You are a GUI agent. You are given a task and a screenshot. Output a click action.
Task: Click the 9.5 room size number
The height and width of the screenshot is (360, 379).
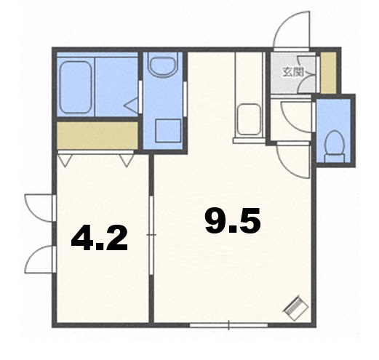(233, 221)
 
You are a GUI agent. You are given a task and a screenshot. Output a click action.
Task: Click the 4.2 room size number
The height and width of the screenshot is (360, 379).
(99, 238)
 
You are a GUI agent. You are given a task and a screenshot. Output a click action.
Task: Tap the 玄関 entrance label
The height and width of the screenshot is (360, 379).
(292, 72)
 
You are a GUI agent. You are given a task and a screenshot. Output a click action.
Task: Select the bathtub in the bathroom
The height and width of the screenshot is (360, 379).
(76, 87)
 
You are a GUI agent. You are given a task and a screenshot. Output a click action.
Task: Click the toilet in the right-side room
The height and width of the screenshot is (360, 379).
(335, 146)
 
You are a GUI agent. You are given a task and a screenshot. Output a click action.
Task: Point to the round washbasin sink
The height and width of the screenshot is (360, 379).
(163, 65)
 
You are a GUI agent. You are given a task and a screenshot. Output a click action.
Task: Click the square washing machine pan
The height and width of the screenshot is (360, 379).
(168, 131)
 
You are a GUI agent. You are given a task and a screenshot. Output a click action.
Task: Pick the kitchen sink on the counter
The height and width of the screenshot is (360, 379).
(249, 119)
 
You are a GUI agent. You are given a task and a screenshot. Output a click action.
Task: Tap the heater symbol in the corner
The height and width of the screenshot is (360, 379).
(296, 308)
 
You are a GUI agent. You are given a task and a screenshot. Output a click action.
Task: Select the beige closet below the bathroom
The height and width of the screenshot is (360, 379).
(97, 135)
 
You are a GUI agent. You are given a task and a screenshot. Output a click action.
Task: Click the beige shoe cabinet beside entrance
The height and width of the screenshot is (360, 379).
(329, 73)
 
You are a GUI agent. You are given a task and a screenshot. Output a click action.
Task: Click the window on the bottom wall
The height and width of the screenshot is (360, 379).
(228, 325)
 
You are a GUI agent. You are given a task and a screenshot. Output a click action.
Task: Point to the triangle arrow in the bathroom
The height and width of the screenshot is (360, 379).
(131, 105)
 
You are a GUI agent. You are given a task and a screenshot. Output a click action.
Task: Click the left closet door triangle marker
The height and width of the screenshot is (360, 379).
(65, 161)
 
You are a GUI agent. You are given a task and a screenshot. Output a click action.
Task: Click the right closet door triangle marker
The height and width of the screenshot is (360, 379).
(127, 161)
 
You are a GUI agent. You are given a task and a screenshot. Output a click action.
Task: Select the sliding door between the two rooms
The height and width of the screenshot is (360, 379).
(151, 235)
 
